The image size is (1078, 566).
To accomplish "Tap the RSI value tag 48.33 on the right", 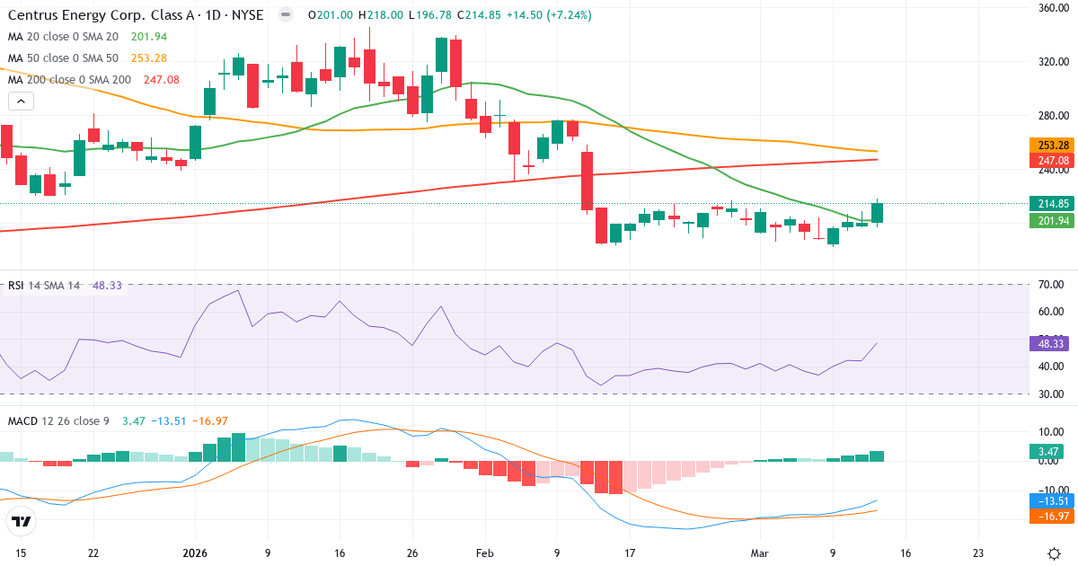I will (1047, 343).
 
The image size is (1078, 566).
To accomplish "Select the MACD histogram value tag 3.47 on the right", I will (1047, 451).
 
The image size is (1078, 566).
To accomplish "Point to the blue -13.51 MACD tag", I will (1047, 500).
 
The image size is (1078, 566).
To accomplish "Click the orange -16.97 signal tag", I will (1047, 516).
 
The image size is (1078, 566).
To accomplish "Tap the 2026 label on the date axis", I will (195, 553).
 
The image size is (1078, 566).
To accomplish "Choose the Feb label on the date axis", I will (485, 553).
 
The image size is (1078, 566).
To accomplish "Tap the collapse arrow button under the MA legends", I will (22, 102).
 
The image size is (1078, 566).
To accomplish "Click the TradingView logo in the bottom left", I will (22, 521).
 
